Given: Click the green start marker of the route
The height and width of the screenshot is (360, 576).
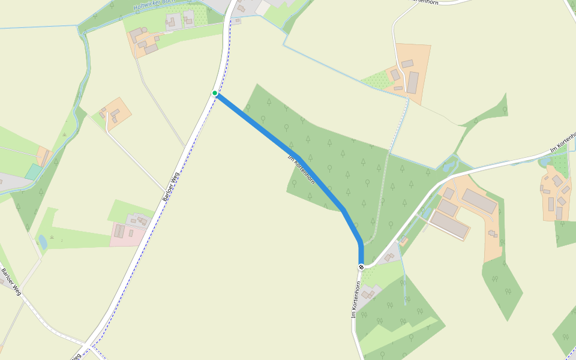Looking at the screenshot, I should click(215, 93).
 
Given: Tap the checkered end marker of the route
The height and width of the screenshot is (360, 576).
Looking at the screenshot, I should click(361, 267).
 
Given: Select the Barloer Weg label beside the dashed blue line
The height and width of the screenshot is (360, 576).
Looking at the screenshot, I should click(171, 187).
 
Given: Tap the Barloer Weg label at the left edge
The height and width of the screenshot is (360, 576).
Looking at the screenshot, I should click(11, 281).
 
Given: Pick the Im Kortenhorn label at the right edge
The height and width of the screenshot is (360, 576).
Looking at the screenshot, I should click(562, 142).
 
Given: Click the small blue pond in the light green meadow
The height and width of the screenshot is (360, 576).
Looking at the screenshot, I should click(43, 242).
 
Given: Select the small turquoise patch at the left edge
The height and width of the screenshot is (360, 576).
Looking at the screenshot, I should click(34, 172).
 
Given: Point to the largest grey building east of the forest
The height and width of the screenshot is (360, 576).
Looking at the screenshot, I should click(479, 201).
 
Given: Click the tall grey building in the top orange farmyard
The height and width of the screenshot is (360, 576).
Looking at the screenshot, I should click(413, 82).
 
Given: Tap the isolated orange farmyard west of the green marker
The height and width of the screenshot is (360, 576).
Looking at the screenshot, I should click(116, 113).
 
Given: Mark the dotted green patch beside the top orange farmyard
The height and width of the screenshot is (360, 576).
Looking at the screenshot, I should click(376, 80).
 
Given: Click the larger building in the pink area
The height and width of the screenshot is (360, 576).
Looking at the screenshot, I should click(119, 231).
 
